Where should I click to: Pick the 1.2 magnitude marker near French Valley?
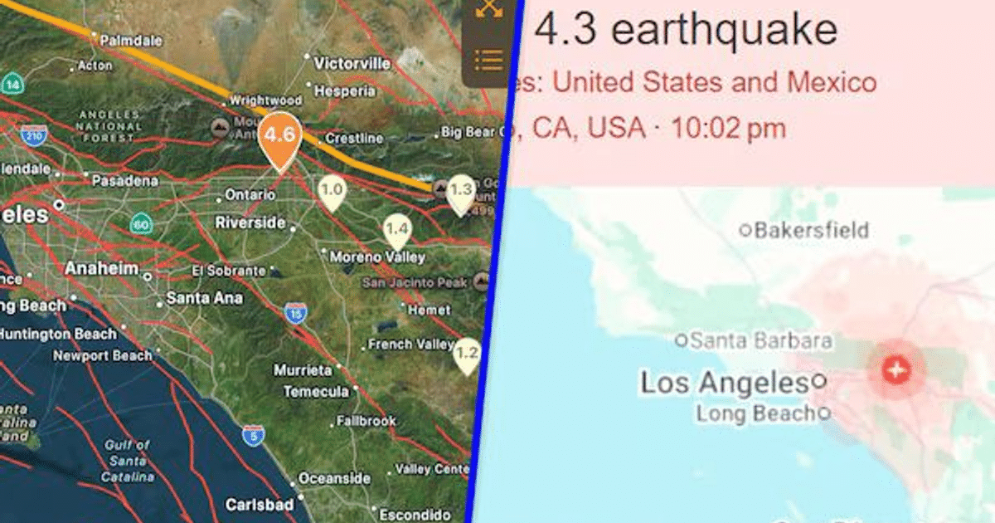coord(467,354)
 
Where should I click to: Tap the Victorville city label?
coord(352,63)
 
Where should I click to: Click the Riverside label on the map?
coord(250,222)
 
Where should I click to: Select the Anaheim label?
coord(101,268)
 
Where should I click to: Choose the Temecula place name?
coord(316,391)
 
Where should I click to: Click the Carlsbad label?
coord(260,505)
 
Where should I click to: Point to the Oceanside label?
coord(334,479)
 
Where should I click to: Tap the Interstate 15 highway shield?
coord(295,313)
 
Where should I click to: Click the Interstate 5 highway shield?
coord(252,435)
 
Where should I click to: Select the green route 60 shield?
coord(140,223)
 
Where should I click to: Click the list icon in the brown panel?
coord(489,60)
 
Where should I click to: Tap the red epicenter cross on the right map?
coord(895,369)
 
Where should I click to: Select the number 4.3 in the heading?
coord(567,30)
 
